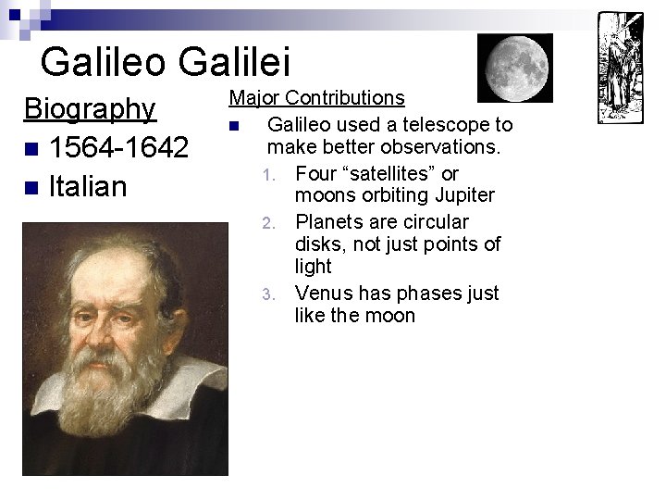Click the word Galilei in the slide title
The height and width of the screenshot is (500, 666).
235,61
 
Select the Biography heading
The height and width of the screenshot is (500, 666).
90,109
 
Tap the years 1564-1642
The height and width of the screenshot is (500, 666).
119,147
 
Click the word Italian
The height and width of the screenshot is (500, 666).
87,186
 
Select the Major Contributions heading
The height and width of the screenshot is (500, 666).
316,98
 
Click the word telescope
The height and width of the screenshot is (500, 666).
450,124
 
